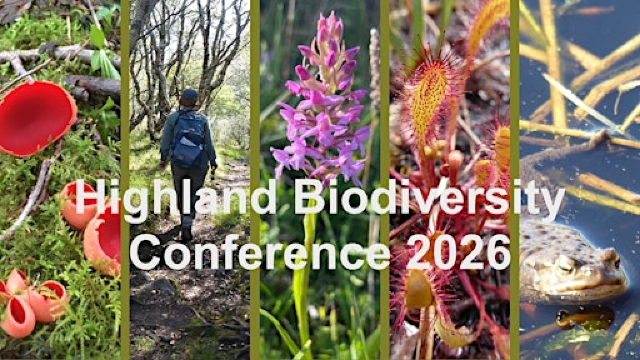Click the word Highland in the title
coord(171,200)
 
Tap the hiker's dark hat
coord(189,97)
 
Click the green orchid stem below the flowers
coord(303,290)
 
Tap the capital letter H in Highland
coord(88,200)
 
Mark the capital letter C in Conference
coord(146,252)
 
